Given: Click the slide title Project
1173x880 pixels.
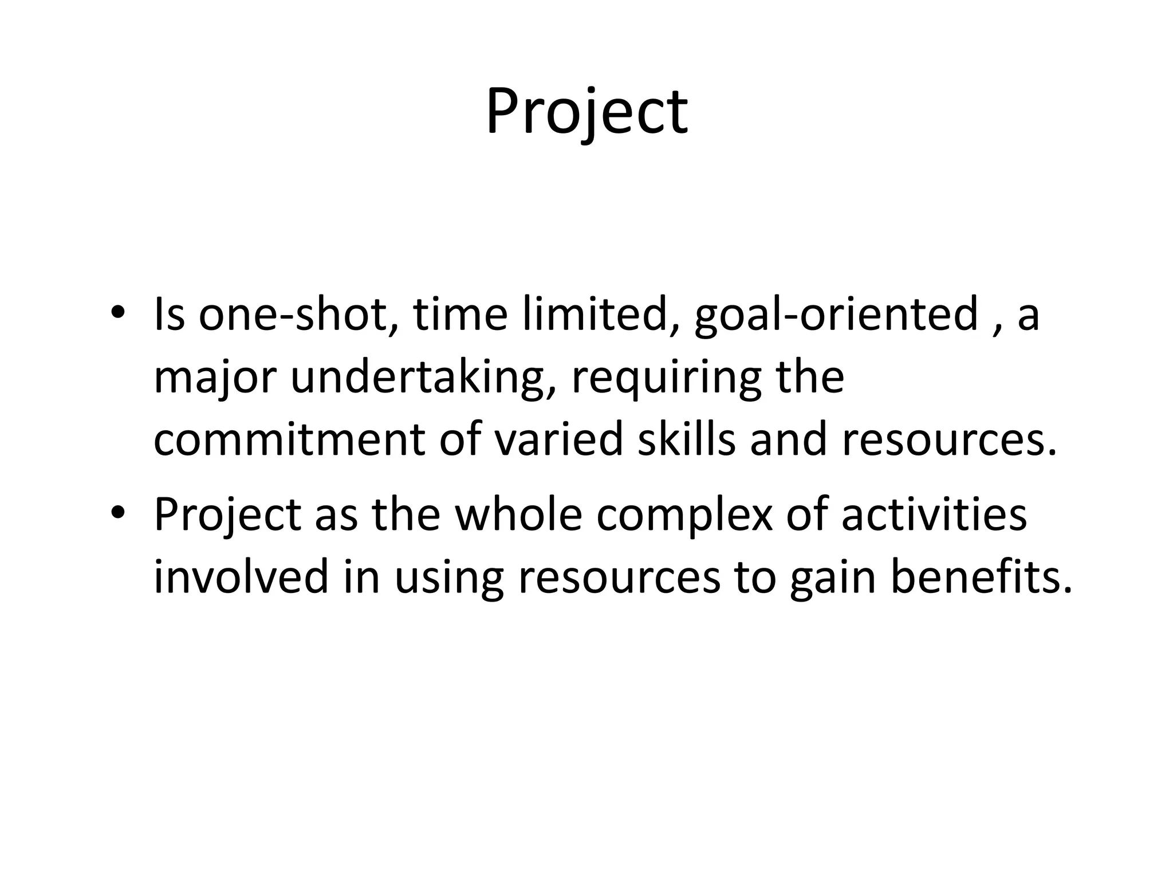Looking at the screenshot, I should pos(586,112).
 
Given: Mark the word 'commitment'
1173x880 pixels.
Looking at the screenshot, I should pos(289,440).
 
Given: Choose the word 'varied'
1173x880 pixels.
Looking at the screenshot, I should pos(558,440).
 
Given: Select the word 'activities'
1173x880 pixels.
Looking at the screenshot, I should pos(934,514).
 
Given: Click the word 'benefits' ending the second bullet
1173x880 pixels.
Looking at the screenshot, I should pos(974,576).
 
